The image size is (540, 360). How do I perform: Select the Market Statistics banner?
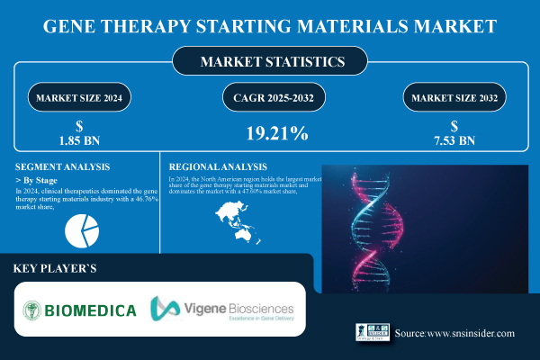click(x=270, y=63)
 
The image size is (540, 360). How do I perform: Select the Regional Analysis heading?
click(x=220, y=166)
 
